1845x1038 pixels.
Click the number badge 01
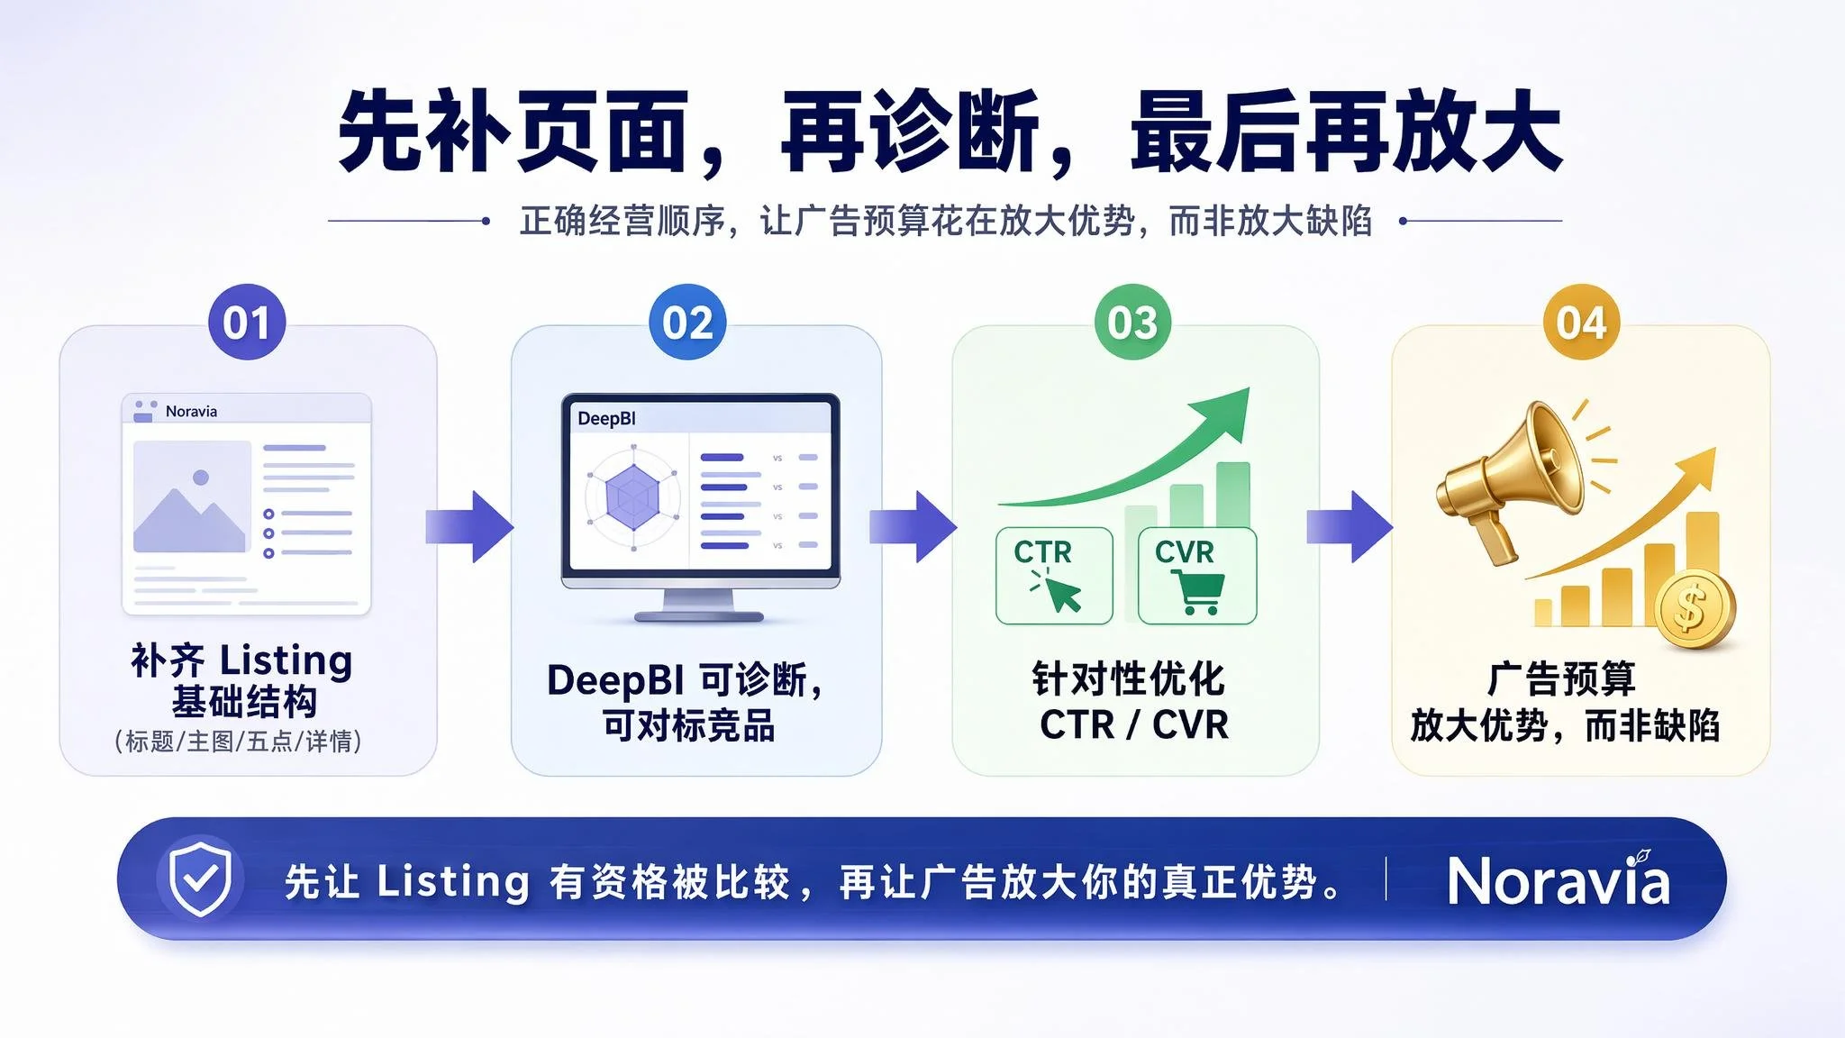pos(247,323)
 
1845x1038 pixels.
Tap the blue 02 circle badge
pos(687,323)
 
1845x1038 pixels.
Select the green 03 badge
pos(1132,323)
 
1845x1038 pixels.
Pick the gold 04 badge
pos(1581,323)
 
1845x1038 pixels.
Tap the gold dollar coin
pos(1693,608)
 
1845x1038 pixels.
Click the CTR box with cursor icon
pos(1054,576)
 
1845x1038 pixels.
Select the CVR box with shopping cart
pos(1197,576)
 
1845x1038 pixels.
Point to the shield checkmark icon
pos(200,879)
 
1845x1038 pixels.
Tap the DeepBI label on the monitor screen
pos(606,418)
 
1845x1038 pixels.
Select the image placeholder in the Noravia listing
pos(192,496)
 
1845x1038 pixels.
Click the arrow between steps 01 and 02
pos(469,526)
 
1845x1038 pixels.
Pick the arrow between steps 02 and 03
pos(913,526)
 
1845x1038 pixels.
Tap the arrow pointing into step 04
pos(1350,526)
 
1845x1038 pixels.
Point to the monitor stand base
pos(699,617)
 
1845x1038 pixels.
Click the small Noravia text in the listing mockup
pos(191,411)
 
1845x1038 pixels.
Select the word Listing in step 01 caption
pos(286,661)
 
